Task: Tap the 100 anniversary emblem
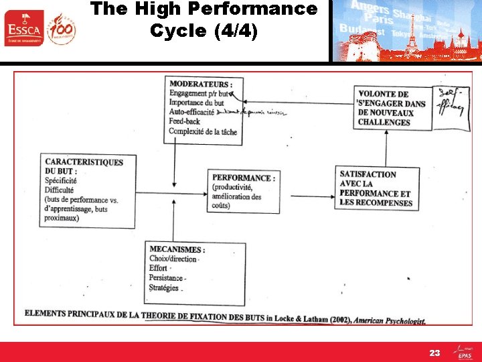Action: pos(62,29)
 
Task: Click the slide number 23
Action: pos(435,352)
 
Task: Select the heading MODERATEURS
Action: pos(201,84)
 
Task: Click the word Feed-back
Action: pos(185,122)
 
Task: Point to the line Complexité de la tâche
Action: pos(203,131)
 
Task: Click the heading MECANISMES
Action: pos(177,249)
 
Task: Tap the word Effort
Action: pos(159,268)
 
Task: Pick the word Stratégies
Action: pos(165,288)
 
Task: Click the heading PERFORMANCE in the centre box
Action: pos(243,178)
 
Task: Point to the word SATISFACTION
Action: pos(368,174)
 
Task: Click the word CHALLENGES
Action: pos(384,122)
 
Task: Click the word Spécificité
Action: pos(61,181)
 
